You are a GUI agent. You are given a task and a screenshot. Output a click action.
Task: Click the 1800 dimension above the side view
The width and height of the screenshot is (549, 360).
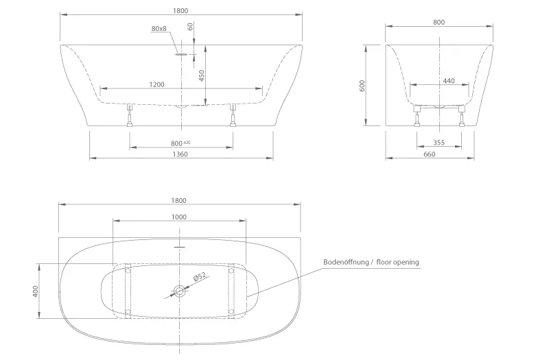pyautogui.click(x=180, y=10)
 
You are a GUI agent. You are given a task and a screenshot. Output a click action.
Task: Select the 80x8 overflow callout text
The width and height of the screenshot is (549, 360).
pyautogui.click(x=159, y=28)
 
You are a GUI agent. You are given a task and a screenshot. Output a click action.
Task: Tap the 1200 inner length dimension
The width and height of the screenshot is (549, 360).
pyautogui.click(x=156, y=84)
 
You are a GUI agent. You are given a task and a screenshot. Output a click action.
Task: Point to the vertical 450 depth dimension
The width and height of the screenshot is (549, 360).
pyautogui.click(x=201, y=75)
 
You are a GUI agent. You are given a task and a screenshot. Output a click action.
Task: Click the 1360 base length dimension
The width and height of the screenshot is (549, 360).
pyautogui.click(x=180, y=154)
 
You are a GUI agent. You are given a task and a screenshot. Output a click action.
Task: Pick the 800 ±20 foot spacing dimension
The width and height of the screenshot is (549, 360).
pyautogui.click(x=180, y=143)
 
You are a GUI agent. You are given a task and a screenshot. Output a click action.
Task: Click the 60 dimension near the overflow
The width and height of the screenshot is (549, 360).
pyautogui.click(x=191, y=26)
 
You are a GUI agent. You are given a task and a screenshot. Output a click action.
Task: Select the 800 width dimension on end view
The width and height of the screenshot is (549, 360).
pyautogui.click(x=439, y=22)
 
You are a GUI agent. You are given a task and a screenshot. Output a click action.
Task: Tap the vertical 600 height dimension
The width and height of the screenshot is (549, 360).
pyautogui.click(x=362, y=86)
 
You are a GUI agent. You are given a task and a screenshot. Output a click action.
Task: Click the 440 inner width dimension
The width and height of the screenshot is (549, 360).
pyautogui.click(x=449, y=81)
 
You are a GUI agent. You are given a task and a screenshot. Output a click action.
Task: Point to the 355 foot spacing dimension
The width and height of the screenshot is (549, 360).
pyautogui.click(x=439, y=143)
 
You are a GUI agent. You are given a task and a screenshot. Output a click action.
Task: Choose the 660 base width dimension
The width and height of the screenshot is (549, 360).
pyautogui.click(x=430, y=154)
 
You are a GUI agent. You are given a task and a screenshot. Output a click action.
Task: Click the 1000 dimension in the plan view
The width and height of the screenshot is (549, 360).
pyautogui.click(x=178, y=217)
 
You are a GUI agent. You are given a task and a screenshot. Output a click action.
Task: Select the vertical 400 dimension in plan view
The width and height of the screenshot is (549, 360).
pyautogui.click(x=35, y=291)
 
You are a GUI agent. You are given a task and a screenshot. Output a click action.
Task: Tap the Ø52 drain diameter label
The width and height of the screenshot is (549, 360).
pyautogui.click(x=200, y=277)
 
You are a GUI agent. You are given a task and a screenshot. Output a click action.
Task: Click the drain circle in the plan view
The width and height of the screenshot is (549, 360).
pyautogui.click(x=179, y=290)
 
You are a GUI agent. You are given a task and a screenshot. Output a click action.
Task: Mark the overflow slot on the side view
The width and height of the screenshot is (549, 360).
pyautogui.click(x=181, y=54)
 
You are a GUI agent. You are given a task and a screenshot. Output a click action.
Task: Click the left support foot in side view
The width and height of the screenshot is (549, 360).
pyautogui.click(x=130, y=115)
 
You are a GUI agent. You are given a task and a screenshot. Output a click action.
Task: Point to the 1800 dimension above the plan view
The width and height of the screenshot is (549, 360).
pyautogui.click(x=178, y=200)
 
